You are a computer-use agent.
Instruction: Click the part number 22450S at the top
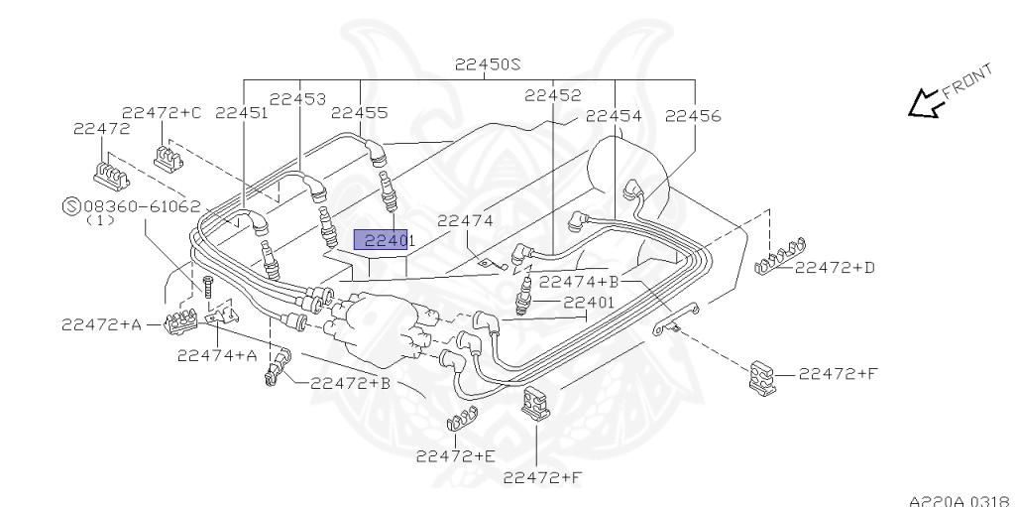point(488,65)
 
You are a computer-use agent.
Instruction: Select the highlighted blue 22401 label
point(382,240)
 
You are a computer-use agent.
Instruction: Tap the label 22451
point(242,113)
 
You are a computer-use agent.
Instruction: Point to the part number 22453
point(298,98)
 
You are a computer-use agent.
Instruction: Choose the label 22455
point(359,113)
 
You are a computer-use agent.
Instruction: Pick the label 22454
point(614,115)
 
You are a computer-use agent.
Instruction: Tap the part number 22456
point(693,115)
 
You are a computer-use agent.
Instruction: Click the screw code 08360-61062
point(142,206)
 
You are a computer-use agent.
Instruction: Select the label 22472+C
point(162,112)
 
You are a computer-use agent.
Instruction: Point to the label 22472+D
point(835,267)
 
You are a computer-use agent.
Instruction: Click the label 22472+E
point(455,455)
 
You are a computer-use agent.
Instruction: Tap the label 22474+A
point(217,354)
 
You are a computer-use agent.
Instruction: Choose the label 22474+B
point(579,282)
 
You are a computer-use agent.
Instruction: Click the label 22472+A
point(100,323)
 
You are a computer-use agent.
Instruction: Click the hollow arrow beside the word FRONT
point(925,103)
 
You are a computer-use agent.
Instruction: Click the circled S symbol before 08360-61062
point(70,206)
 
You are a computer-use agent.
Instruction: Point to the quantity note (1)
point(101,221)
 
